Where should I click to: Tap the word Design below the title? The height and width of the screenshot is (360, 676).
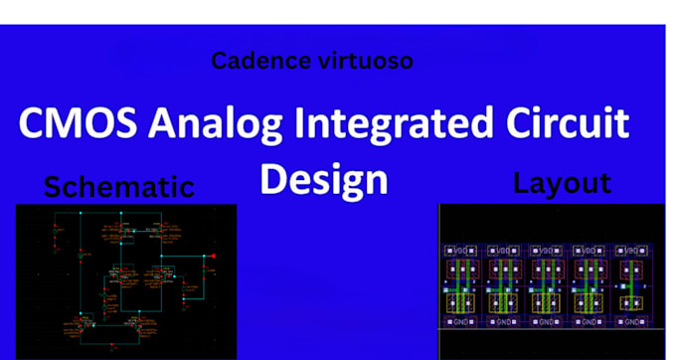323,179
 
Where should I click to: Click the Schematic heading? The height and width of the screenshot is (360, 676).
118,186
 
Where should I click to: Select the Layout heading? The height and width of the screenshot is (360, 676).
562,183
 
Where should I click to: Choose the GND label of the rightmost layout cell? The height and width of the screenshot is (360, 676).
629,322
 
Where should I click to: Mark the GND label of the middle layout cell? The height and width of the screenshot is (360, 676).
547,322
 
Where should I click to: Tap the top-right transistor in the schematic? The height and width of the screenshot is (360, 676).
159,230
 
